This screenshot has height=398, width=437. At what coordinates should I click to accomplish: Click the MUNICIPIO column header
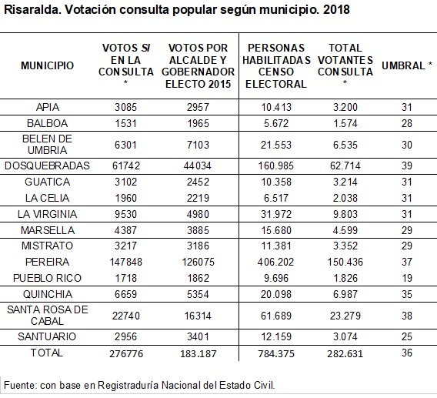coord(48,66)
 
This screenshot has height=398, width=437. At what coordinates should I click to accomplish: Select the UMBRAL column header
coord(407,66)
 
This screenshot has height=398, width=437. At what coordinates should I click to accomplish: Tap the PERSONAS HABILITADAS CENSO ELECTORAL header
coord(276,66)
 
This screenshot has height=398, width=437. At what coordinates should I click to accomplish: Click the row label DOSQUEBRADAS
coord(47,166)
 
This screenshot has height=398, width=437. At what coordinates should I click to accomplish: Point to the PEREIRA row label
coord(47,262)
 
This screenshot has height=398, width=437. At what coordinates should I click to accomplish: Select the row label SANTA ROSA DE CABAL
coord(48,316)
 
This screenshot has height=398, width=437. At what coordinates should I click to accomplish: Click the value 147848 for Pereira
coord(125,262)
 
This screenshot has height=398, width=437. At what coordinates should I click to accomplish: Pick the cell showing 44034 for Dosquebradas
coord(198,166)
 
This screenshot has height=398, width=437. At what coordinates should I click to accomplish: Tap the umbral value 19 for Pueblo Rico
coord(407,278)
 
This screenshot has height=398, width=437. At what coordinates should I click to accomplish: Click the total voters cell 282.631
coord(345,353)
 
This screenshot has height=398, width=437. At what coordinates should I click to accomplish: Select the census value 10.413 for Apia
coord(276,107)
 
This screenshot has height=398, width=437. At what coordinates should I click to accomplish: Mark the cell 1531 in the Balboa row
coord(125,123)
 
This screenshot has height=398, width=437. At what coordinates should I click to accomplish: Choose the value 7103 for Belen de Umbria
coord(198,145)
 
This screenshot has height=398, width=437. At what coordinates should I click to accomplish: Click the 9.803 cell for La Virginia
coord(345,214)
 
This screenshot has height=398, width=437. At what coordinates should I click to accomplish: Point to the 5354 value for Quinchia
coord(198,294)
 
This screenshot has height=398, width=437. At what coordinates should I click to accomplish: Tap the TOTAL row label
coord(46,353)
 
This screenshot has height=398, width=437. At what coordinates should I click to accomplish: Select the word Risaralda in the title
coord(32,10)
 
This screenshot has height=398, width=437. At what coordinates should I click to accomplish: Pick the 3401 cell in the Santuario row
coord(198,336)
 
